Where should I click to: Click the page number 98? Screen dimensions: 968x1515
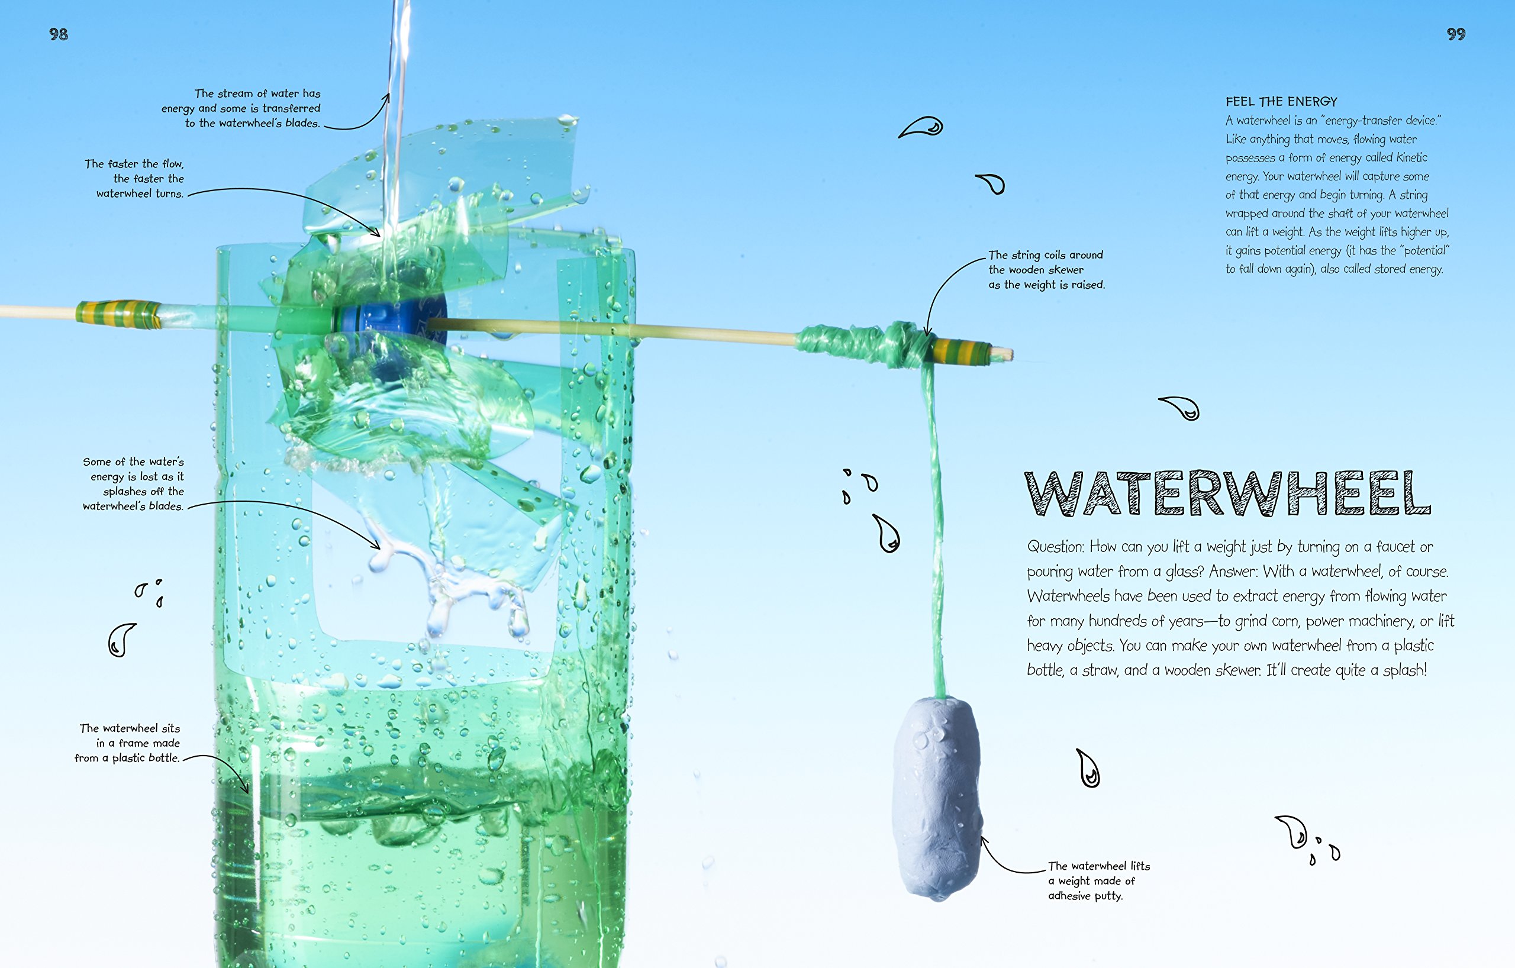(59, 34)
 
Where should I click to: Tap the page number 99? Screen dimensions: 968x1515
(1456, 34)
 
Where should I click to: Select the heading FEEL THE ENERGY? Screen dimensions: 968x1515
(1281, 101)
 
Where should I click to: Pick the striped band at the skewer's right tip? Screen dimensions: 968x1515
(960, 351)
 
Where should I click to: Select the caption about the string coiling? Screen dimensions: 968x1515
(1046, 270)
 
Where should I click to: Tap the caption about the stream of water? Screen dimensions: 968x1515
(246, 108)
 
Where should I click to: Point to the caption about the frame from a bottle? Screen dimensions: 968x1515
(128, 743)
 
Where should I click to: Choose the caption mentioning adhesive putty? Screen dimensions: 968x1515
(1098, 880)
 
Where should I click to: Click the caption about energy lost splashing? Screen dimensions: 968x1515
(133, 483)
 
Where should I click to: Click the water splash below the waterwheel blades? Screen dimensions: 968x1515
(440, 579)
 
